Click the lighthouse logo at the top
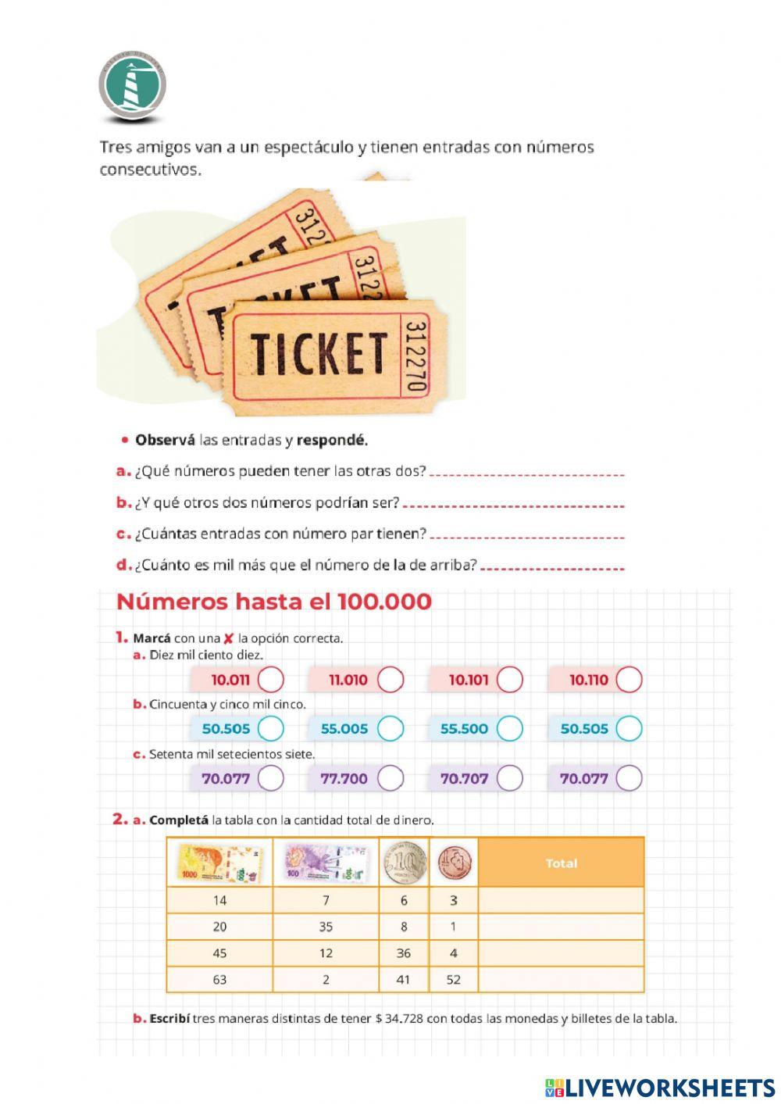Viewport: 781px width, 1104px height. point(132,86)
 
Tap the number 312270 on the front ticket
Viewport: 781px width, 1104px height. point(416,355)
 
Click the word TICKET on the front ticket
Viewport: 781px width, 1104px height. point(319,352)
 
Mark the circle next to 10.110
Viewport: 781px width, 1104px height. point(629,680)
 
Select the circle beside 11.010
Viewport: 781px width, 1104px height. point(390,680)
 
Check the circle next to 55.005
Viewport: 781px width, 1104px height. point(390,729)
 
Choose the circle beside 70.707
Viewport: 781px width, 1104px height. point(509,778)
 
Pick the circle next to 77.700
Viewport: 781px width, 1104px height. point(390,778)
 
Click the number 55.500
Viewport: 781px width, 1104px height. point(464,729)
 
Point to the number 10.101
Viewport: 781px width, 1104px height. point(469,680)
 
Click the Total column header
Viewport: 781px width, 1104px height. point(561,863)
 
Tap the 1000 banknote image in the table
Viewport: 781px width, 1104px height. point(220,863)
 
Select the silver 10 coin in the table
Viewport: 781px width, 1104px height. point(404,863)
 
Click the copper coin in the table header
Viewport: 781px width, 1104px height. point(454,863)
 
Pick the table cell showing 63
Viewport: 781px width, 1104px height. point(220,980)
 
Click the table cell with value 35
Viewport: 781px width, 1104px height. point(326,927)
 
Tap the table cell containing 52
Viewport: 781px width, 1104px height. point(454,980)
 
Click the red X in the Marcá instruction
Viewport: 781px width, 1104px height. point(229,638)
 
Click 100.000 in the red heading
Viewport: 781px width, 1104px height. point(384,602)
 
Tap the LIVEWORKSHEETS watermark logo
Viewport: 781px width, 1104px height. point(660,1088)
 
